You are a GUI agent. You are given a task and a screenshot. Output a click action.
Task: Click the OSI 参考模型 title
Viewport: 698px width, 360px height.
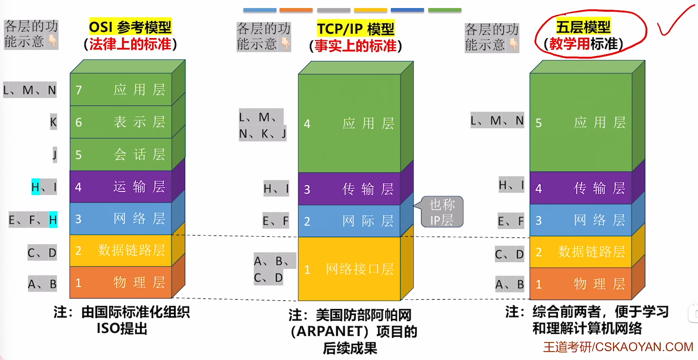coord(130,27)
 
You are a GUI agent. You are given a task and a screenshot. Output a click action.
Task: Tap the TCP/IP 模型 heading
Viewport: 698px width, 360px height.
coord(355,29)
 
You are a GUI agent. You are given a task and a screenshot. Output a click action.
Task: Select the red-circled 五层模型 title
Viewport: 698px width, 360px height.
coord(583,27)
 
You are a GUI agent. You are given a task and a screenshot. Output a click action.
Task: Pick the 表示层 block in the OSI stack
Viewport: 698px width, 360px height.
coord(121,122)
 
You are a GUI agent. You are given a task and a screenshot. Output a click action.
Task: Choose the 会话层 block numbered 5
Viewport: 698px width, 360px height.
coord(121,155)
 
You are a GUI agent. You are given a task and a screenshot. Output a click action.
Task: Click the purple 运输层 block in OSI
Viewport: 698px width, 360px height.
coord(121,187)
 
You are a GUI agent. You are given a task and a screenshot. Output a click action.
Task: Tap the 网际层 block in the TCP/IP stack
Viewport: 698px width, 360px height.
coord(349,221)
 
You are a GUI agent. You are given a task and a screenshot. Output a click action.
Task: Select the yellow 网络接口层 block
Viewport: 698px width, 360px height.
coord(349,269)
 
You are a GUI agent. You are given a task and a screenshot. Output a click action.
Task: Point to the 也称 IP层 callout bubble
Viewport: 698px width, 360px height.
coord(442,212)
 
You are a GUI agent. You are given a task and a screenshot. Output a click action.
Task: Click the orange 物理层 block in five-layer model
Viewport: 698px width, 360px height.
coord(580,284)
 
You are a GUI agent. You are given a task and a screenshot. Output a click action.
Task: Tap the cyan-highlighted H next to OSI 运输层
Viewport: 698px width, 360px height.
coord(36,187)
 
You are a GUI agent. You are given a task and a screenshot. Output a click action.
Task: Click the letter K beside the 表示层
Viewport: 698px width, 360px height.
coord(53,122)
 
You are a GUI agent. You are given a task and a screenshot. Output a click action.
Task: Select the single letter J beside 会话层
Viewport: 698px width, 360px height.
coord(55,155)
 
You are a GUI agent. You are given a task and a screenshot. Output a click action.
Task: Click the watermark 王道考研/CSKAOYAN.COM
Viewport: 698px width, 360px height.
coord(618,347)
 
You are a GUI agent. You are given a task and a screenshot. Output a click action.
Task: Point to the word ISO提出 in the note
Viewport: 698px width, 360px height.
coord(122,328)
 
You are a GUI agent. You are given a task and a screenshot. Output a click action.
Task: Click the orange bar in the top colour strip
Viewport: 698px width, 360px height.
coord(296,10)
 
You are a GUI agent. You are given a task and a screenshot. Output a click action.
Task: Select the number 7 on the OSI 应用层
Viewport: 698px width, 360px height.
coord(79,90)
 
